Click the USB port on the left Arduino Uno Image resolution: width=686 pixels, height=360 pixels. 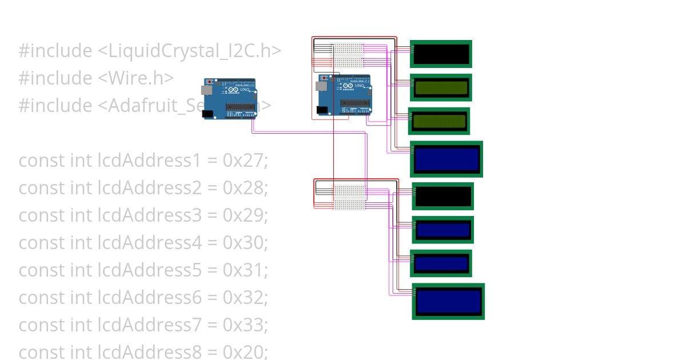pyautogui.click(x=205, y=90)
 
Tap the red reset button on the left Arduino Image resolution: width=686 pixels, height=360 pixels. pyautogui.click(x=209, y=82)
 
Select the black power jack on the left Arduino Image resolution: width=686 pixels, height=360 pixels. pyautogui.click(x=208, y=114)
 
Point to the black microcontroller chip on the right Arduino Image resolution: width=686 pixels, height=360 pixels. pyautogui.click(x=355, y=103)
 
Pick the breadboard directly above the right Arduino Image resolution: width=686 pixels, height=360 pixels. pyautogui.click(x=348, y=55)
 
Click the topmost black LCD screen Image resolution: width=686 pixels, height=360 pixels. pyautogui.click(x=441, y=54)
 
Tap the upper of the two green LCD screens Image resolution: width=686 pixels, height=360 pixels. pyautogui.click(x=441, y=87)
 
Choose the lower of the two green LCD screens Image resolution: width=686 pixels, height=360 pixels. pyautogui.click(x=439, y=121)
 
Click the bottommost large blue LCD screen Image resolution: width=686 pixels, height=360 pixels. pyautogui.click(x=448, y=301)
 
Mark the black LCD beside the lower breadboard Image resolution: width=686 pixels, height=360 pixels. pyautogui.click(x=442, y=197)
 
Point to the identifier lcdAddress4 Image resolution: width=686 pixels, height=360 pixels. pyautogui.click(x=150, y=243)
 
